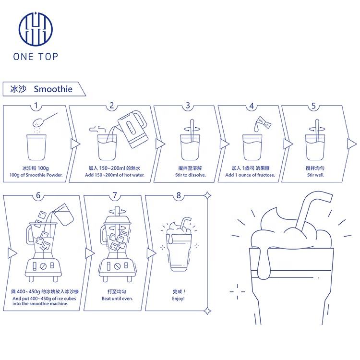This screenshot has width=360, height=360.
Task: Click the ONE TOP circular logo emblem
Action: tap(36, 29)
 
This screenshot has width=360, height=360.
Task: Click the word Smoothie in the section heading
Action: tap(53, 89)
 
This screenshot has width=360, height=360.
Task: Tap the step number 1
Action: tap(36, 106)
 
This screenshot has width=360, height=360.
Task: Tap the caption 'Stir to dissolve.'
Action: tap(191, 175)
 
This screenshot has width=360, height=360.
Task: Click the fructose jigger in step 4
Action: tap(264, 122)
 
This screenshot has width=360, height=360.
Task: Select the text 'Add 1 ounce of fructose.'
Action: tap(250, 175)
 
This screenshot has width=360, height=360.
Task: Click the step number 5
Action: tap(313, 106)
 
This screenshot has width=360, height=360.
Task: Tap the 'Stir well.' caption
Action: tap(316, 175)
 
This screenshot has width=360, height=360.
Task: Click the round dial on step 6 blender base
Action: tap(43, 266)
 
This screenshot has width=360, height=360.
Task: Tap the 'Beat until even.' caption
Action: tap(117, 299)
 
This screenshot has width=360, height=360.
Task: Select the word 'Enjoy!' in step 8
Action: tap(178, 299)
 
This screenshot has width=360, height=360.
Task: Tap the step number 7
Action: tap(115, 195)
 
